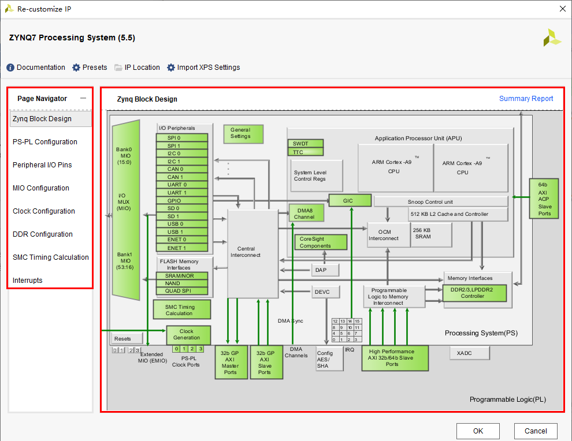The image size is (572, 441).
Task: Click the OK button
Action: click(478, 431)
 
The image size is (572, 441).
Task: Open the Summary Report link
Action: click(526, 99)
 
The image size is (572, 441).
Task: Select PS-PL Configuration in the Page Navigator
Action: click(45, 142)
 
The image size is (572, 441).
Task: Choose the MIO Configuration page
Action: click(41, 188)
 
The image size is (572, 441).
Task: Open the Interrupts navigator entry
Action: click(28, 281)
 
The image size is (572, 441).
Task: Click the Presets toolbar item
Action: click(90, 68)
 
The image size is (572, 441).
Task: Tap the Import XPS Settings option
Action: click(203, 68)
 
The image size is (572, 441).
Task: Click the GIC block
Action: click(349, 201)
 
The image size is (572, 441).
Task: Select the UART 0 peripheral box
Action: click(182, 185)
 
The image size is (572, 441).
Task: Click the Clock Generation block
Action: click(188, 335)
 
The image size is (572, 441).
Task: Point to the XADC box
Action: click(470, 353)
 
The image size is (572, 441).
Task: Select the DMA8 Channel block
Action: click(306, 213)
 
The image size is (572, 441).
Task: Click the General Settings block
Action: click(243, 133)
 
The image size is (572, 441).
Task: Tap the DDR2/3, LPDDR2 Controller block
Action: click(474, 293)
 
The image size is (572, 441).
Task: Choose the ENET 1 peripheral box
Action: click(182, 248)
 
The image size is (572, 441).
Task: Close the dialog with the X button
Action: click(563, 9)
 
